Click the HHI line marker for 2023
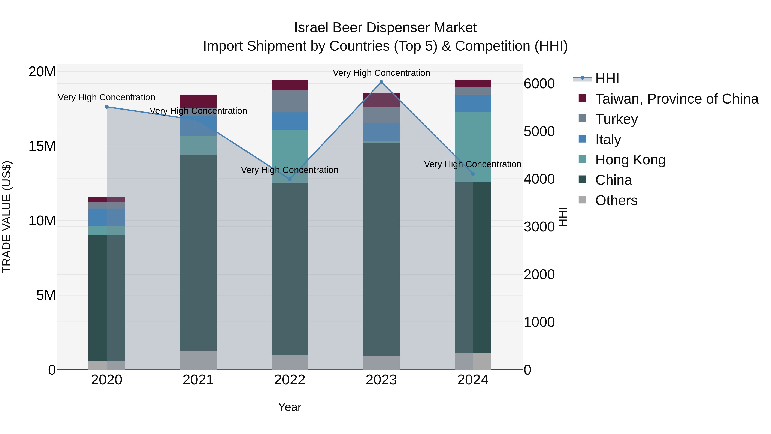coord(381,82)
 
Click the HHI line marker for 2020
coord(107,107)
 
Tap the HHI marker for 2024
coord(473,174)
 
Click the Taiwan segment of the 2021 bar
coord(198,101)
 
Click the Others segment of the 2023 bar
coord(381,362)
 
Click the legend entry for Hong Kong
coord(630,160)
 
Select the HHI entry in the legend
coord(607,78)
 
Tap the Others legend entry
coord(616,200)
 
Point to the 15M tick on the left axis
coord(42,146)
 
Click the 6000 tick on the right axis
coord(539,84)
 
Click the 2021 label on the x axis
coord(198,380)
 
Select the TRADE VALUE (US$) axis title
coord(7,217)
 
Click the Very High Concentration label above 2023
coord(381,73)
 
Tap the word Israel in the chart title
coord(311,28)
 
